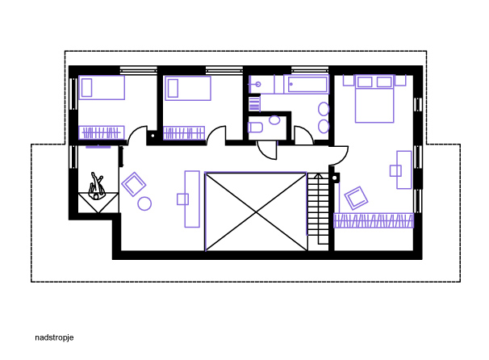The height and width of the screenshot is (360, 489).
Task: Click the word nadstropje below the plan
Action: tap(54, 338)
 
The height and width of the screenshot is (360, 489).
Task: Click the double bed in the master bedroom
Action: tap(374, 98)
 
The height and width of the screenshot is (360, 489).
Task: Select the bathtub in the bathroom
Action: tap(307, 84)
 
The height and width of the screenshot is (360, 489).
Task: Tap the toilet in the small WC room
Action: tap(255, 128)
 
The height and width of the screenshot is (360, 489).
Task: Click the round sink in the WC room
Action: tap(274, 120)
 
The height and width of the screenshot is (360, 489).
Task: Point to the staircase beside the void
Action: tap(318, 208)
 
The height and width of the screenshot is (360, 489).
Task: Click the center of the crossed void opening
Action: tap(256, 211)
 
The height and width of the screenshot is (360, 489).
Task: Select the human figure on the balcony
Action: tap(96, 186)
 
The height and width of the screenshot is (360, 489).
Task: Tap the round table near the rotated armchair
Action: tap(144, 203)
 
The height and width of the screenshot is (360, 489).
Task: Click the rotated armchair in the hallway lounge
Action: tap(134, 184)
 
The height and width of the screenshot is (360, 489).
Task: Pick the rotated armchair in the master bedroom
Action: tap(356, 198)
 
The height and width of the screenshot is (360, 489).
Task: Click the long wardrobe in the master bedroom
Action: tap(374, 220)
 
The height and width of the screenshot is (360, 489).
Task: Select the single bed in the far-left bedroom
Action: tap(102, 88)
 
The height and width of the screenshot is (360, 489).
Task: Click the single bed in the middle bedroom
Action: tap(188, 88)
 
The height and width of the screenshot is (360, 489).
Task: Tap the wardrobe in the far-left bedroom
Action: tap(102, 132)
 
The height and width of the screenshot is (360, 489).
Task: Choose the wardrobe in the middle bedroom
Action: tap(184, 133)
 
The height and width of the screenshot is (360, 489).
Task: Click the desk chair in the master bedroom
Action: tap(395, 171)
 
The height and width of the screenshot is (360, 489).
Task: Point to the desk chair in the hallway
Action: tap(182, 199)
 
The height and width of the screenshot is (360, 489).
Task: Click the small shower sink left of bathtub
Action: tap(258, 84)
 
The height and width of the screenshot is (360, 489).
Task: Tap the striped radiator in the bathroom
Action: tap(254, 103)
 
